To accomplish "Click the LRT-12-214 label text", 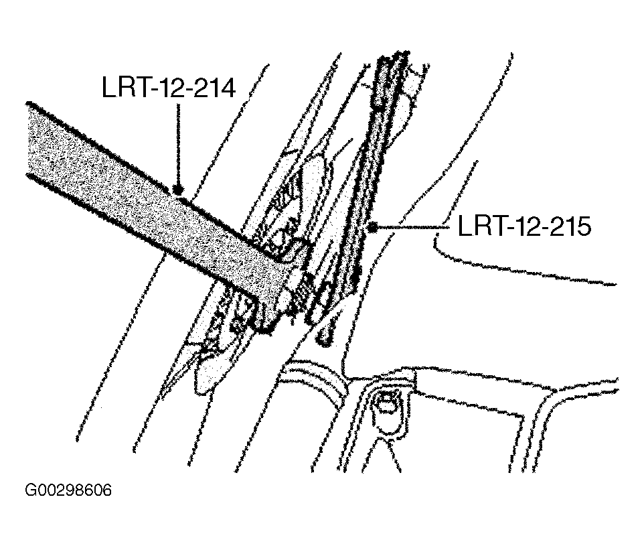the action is [169, 87].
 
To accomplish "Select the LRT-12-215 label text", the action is [524, 226].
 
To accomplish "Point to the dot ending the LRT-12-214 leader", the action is [178, 190].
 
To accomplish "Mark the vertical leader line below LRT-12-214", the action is [178, 144].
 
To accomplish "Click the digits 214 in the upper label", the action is [214, 87].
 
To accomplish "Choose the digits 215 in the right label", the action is [569, 226].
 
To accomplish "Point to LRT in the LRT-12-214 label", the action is [124, 87].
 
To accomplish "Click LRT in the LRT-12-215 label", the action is [479, 226].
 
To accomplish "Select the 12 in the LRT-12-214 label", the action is [169, 87].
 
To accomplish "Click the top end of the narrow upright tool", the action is [395, 60].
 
